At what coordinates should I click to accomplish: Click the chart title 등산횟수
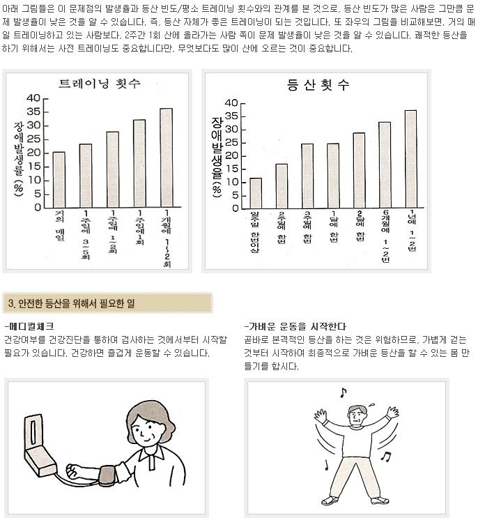318,86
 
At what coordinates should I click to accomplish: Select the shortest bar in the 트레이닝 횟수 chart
59,179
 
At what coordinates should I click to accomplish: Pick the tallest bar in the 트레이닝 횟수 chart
165,158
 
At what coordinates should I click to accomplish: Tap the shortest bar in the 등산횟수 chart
256,193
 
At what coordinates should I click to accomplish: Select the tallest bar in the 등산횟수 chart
410,159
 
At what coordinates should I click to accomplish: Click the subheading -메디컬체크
29,326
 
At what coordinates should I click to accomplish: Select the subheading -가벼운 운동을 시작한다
296,326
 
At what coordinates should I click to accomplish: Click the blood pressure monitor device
42,446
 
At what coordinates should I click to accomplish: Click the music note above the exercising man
342,392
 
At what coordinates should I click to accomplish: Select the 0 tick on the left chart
38,207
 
